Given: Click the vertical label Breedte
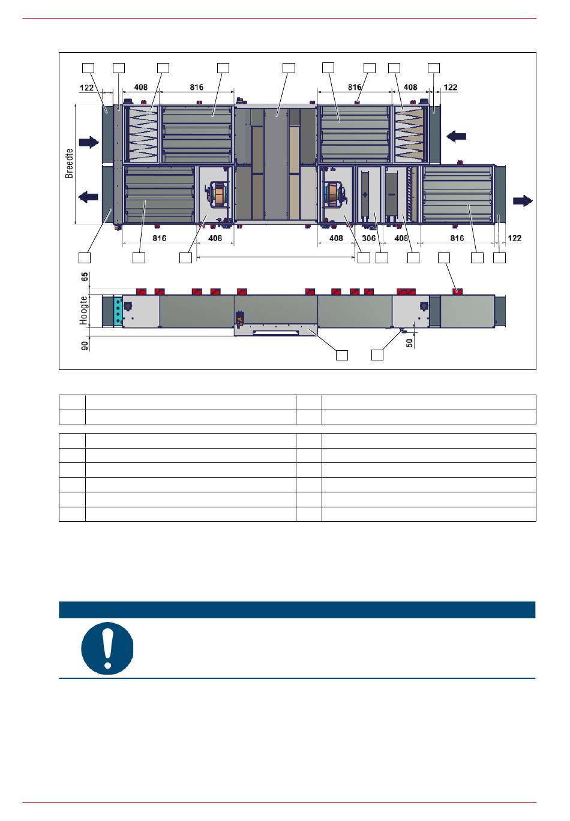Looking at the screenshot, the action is pos(69,164).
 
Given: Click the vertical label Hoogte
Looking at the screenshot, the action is pos(84,311).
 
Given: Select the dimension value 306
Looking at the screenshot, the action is pos(368,238).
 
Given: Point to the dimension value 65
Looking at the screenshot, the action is pos(85,276).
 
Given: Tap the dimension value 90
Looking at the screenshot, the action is pos(85,345).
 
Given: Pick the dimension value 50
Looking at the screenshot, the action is pos(409,342).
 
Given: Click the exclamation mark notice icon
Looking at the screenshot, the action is pos(107,648).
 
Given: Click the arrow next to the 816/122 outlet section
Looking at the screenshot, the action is pos(523,201).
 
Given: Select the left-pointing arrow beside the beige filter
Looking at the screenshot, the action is pos(456,136).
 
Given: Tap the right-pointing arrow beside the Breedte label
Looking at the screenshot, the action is pos(89,142).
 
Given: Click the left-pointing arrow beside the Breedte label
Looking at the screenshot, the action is pos(88,197).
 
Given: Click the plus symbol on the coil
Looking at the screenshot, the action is pos(364,195).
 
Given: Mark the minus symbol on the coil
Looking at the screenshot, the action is pos(391,194).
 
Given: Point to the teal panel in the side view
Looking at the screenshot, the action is pos(118,311).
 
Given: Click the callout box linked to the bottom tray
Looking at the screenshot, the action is pos(342,355).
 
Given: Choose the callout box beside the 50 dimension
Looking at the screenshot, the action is pos(377,355).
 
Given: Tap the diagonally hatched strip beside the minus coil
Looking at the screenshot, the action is pos(414,194).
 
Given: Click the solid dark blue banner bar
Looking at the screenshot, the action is pos(297,609).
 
